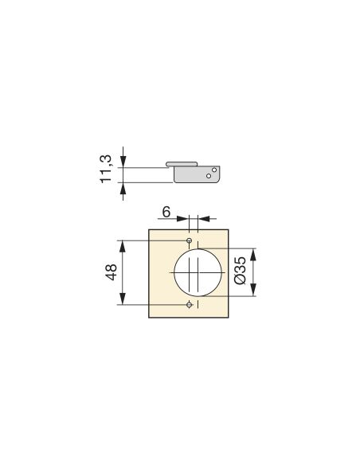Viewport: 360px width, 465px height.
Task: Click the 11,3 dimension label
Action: (x=106, y=169)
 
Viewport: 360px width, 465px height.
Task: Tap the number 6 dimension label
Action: (x=166, y=212)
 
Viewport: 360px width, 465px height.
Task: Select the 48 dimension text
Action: (x=112, y=272)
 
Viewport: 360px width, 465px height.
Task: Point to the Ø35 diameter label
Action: (x=240, y=271)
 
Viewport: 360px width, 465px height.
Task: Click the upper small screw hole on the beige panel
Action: (x=189, y=240)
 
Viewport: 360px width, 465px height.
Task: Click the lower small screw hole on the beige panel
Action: (x=190, y=304)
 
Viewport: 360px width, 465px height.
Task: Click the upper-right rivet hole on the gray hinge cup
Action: (x=214, y=170)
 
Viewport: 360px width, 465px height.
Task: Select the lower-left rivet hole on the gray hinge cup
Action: (x=209, y=176)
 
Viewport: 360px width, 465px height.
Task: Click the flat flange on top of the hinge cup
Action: (x=182, y=164)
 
